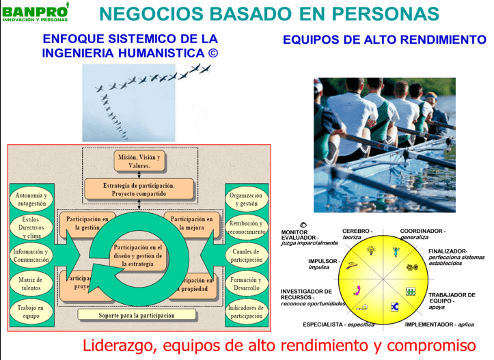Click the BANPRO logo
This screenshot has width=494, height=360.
(35, 12)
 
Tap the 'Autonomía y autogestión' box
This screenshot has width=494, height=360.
(31, 199)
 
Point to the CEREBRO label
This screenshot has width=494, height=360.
(357, 231)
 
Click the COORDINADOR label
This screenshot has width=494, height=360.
(422, 231)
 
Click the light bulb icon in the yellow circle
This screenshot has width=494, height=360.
(370, 251)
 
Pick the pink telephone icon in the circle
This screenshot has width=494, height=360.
(356, 290)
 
